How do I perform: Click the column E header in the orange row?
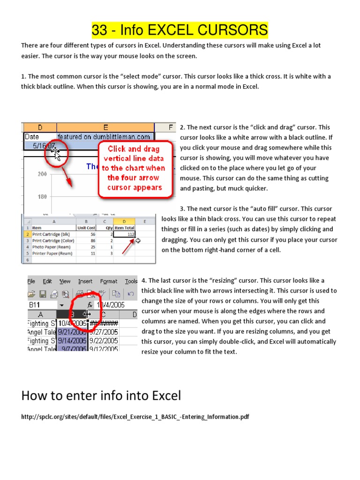(105, 127)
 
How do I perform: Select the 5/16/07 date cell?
(42, 146)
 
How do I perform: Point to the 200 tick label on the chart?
(42, 174)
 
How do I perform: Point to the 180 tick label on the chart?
(42, 196)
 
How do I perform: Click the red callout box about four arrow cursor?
(133, 168)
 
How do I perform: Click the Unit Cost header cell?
(86, 228)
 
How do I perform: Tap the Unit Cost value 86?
(92, 240)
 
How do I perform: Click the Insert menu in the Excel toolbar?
(85, 281)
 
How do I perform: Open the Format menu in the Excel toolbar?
(109, 281)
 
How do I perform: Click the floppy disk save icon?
(43, 294)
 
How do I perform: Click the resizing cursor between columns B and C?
(87, 314)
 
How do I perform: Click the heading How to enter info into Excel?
(101, 396)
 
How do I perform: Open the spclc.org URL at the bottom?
(135, 417)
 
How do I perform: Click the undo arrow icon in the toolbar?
(131, 294)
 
